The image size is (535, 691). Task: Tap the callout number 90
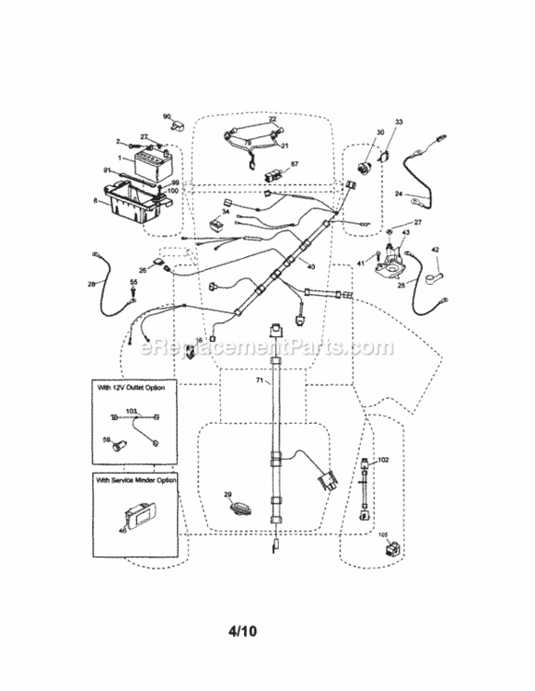tap(167, 117)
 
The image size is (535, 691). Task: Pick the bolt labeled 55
tap(134, 294)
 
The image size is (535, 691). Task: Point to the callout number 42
tap(436, 250)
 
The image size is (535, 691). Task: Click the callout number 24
tap(399, 193)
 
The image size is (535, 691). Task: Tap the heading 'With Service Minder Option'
tap(137, 481)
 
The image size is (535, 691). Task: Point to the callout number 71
tap(260, 381)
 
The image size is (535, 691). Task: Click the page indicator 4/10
tap(267, 632)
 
